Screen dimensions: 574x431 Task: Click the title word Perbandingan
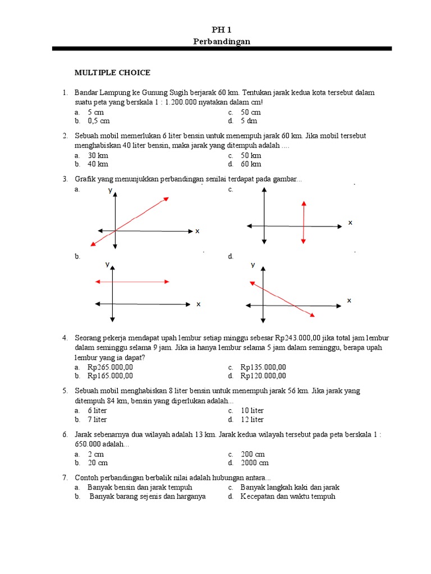(x=222, y=41)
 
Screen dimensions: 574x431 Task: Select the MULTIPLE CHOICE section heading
(x=113, y=72)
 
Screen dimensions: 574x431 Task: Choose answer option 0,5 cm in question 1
(x=98, y=121)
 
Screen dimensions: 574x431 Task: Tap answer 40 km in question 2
(x=98, y=164)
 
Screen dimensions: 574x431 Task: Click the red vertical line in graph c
(x=303, y=222)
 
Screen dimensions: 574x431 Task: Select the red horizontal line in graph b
(x=132, y=281)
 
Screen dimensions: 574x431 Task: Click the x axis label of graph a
(x=197, y=231)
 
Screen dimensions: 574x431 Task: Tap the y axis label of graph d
(x=253, y=265)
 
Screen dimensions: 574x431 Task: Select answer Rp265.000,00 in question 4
(x=110, y=367)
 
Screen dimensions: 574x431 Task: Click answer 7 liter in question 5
(x=97, y=419)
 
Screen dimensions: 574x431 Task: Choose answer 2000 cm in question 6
(x=255, y=463)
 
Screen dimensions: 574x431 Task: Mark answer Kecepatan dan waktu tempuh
(x=287, y=496)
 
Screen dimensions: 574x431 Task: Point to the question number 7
(x=65, y=478)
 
